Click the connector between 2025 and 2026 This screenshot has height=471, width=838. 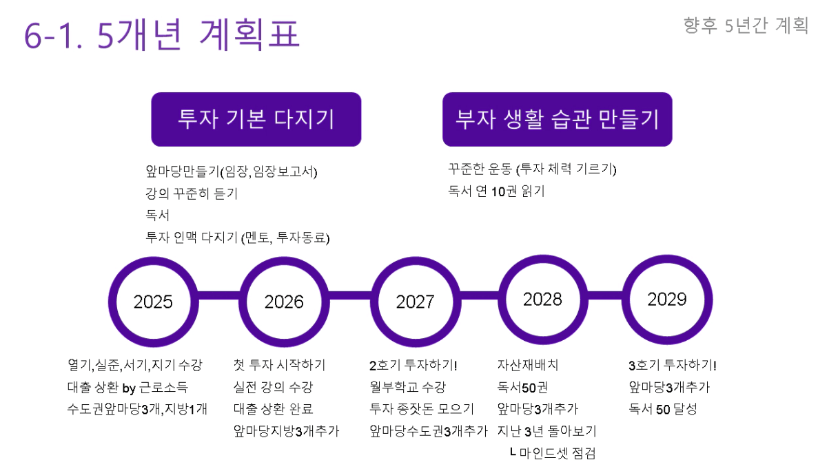pyautogui.click(x=219, y=295)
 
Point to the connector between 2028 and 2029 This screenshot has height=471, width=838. pyautogui.click(x=605, y=295)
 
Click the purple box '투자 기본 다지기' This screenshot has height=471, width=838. pyautogui.click(x=256, y=119)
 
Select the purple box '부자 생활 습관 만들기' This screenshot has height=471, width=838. pyautogui.click(x=558, y=119)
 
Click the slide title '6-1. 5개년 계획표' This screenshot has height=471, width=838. pyautogui.click(x=162, y=35)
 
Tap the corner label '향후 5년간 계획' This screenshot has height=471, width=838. pyautogui.click(x=746, y=25)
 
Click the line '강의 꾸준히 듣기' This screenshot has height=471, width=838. pyautogui.click(x=192, y=193)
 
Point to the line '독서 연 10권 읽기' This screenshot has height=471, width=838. pyautogui.click(x=496, y=191)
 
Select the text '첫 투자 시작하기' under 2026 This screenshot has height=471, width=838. pyautogui.click(x=280, y=365)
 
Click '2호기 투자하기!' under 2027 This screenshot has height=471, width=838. pyautogui.click(x=413, y=365)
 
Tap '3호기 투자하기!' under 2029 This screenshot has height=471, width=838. pyautogui.click(x=673, y=365)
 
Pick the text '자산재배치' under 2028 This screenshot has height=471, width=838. pyautogui.click(x=528, y=365)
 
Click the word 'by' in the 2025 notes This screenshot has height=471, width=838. pyautogui.click(x=129, y=388)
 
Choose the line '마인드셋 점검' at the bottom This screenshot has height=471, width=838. pyautogui.click(x=558, y=453)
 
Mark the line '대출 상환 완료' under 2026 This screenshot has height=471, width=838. pyautogui.click(x=273, y=408)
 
